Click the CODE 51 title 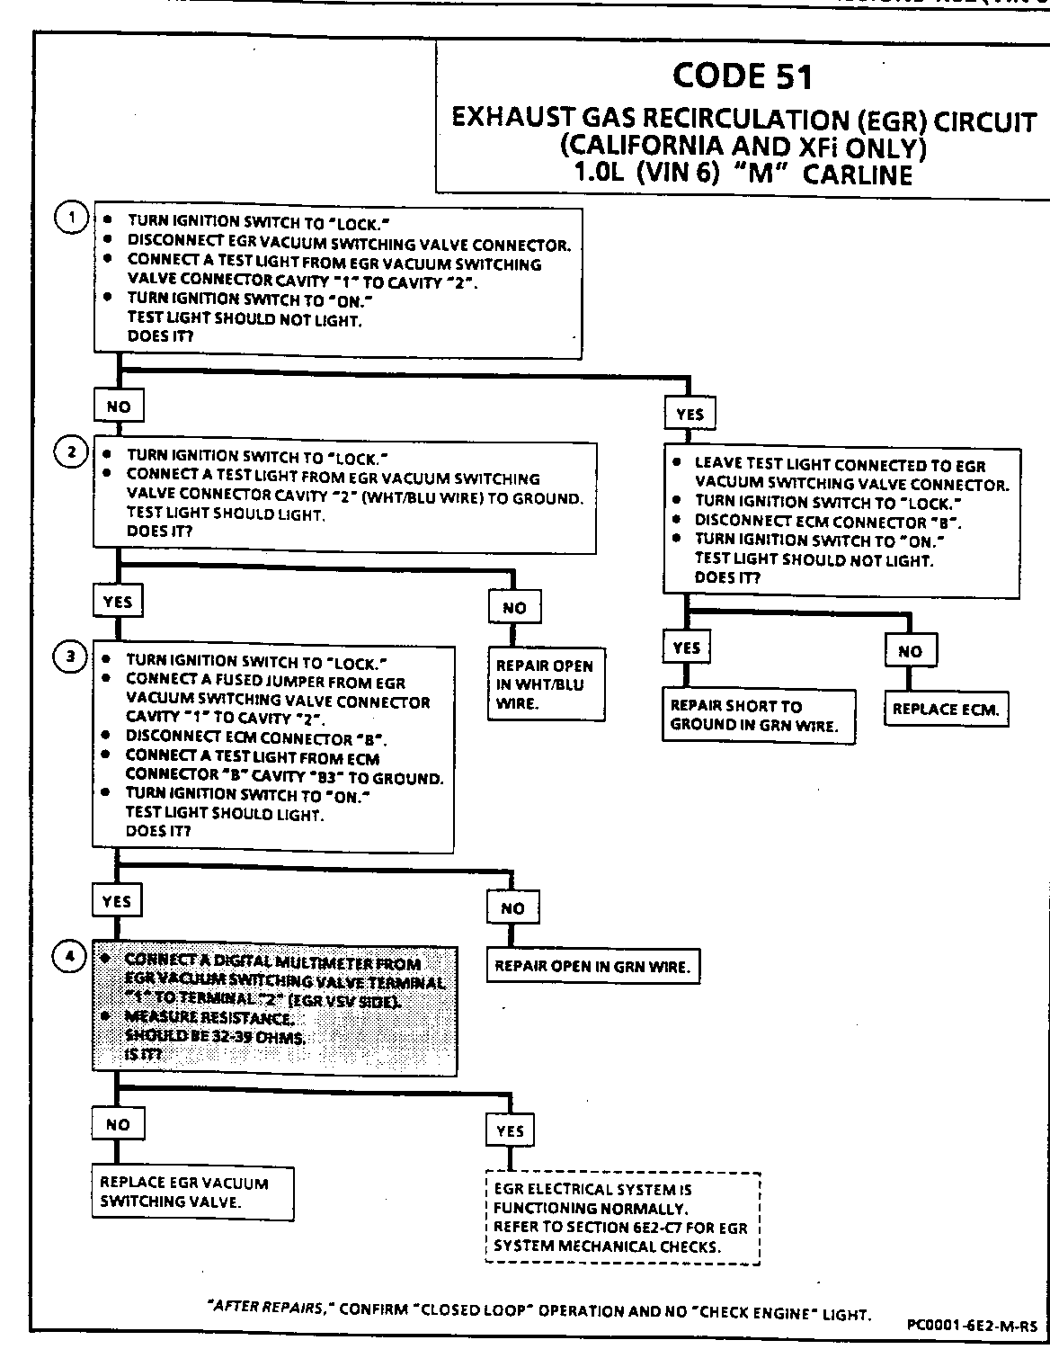click(743, 76)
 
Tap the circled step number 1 click(71, 219)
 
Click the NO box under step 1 click(119, 407)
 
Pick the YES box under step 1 click(690, 415)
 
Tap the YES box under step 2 click(118, 602)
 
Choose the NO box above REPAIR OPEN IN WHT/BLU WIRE click(514, 608)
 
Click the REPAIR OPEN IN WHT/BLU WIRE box click(545, 684)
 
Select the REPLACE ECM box click(945, 709)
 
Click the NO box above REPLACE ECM click(910, 651)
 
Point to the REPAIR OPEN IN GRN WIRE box click(592, 967)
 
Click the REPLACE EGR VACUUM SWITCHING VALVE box click(192, 1193)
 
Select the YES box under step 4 click(510, 1130)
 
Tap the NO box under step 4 click(118, 1124)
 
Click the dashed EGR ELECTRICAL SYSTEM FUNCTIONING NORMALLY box click(622, 1218)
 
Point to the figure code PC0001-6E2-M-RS click(972, 1325)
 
